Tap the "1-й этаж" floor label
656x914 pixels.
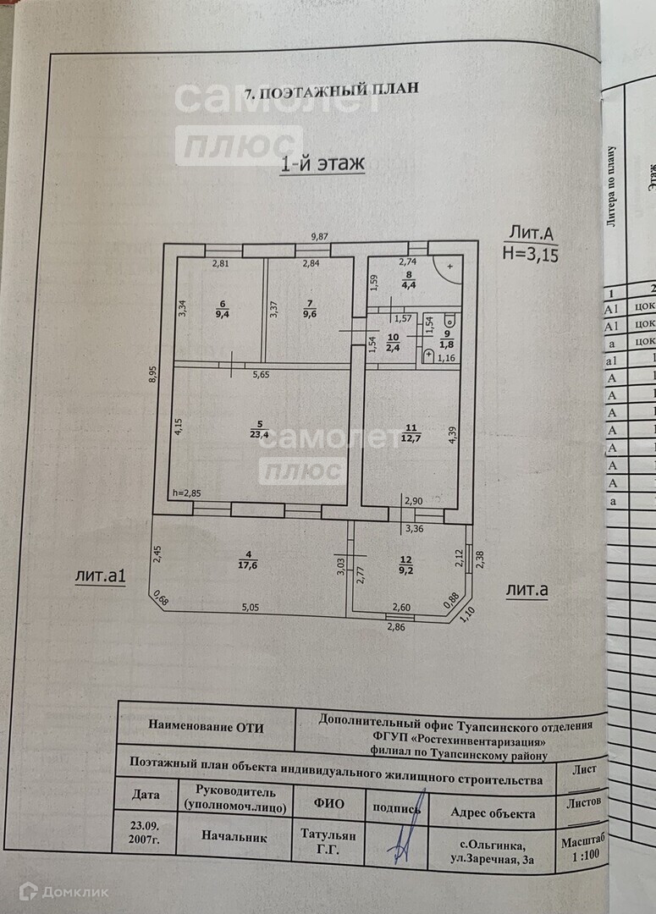(x=322, y=164)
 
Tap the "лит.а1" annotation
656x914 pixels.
(x=100, y=577)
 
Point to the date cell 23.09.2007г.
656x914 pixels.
(x=145, y=831)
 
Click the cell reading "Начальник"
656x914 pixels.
(x=234, y=836)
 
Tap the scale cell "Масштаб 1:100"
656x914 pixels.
(x=583, y=849)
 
